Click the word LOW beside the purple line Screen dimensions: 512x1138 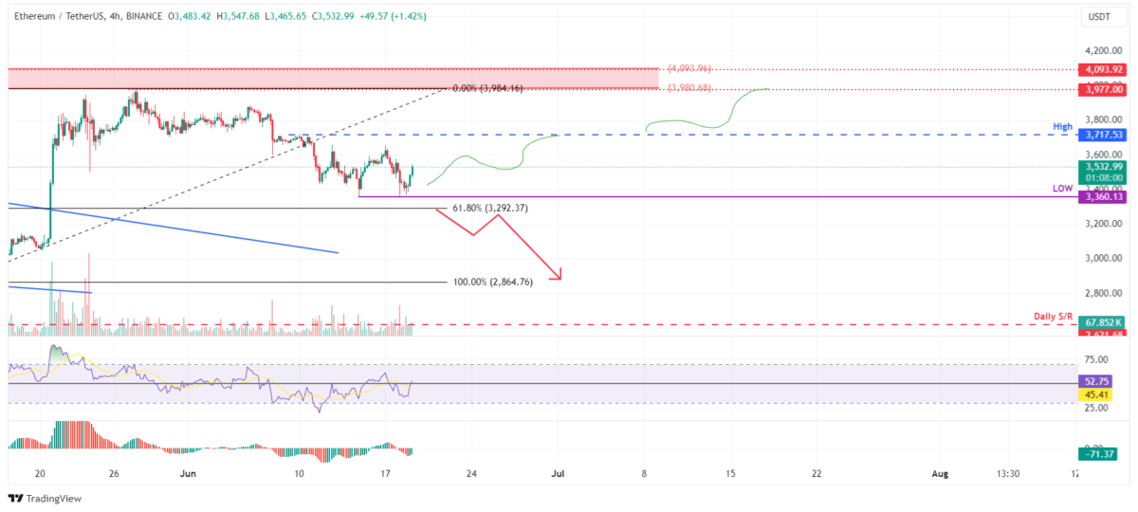point(1062,189)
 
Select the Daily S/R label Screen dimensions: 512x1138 point(1053,316)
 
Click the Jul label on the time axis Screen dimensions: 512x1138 point(559,473)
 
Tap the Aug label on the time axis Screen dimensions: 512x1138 point(940,473)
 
